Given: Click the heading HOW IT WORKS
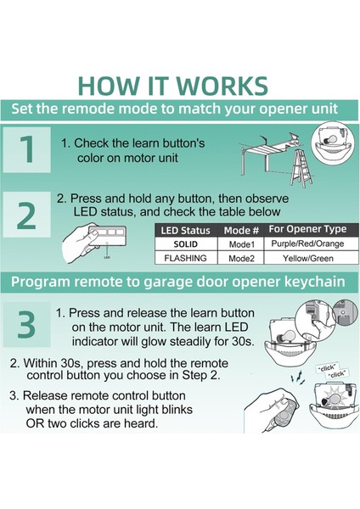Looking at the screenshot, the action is [173, 86].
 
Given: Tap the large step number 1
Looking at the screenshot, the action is [27, 149].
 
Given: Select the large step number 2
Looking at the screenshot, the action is [26, 215].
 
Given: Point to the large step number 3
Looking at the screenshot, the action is [26, 325].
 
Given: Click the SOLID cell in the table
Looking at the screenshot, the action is [186, 244].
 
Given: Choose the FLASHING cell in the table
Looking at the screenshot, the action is [186, 258].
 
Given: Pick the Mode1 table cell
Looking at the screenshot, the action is [241, 244].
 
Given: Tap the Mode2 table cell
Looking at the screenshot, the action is [241, 259].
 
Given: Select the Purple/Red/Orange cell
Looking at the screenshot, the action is [307, 243].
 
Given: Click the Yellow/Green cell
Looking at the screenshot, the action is [308, 259].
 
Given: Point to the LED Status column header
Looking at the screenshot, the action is [186, 231].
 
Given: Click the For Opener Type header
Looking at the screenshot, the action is [307, 229].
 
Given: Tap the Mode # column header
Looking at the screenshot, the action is [241, 231].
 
